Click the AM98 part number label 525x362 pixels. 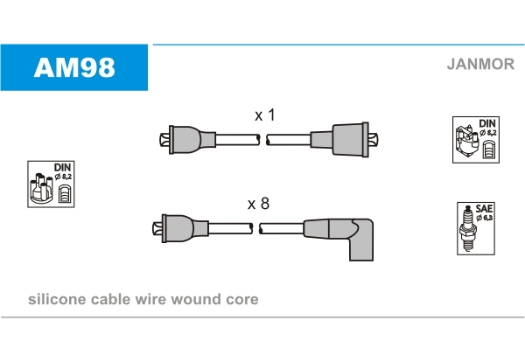pos(73,67)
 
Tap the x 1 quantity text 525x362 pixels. pos(264,115)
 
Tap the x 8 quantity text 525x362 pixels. pos(258,204)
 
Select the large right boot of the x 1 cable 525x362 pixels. pos(348,139)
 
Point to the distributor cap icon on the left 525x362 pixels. pos(51,184)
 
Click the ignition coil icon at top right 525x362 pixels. pos(474,139)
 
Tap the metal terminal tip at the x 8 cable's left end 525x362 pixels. pos(155,229)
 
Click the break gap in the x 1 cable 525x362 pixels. pos(263,139)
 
